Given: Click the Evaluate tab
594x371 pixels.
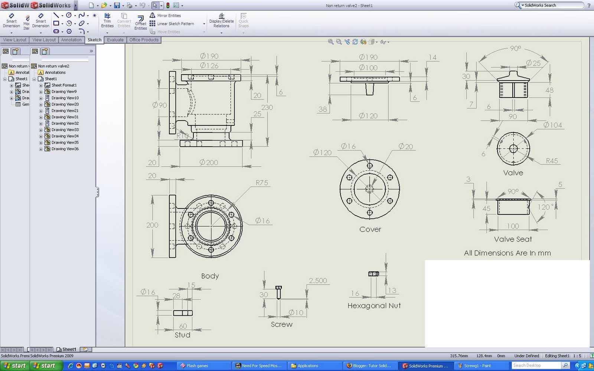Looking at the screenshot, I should click(x=115, y=40).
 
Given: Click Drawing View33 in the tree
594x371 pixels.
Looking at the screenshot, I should click(x=65, y=130).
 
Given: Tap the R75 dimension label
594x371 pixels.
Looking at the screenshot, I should click(x=262, y=183).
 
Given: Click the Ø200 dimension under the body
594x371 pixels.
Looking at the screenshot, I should click(x=209, y=162).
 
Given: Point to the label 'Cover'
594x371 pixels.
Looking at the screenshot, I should click(x=370, y=229).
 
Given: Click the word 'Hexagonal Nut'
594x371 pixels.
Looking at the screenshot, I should click(x=374, y=306).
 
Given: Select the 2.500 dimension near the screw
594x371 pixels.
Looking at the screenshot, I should click(x=318, y=280).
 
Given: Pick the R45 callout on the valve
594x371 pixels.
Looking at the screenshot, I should click(x=552, y=161).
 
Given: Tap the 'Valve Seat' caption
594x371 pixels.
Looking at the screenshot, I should click(x=513, y=239).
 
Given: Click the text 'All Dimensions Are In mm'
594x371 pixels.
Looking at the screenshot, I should click(x=507, y=253).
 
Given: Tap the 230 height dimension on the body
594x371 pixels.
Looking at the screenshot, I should click(x=267, y=107).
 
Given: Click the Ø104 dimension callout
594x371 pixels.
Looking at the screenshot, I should click(x=552, y=125).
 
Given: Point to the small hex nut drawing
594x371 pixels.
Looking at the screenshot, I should click(x=373, y=274).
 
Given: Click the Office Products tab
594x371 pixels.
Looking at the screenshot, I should click(x=144, y=40).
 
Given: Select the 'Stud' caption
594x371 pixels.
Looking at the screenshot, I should click(x=182, y=335).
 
